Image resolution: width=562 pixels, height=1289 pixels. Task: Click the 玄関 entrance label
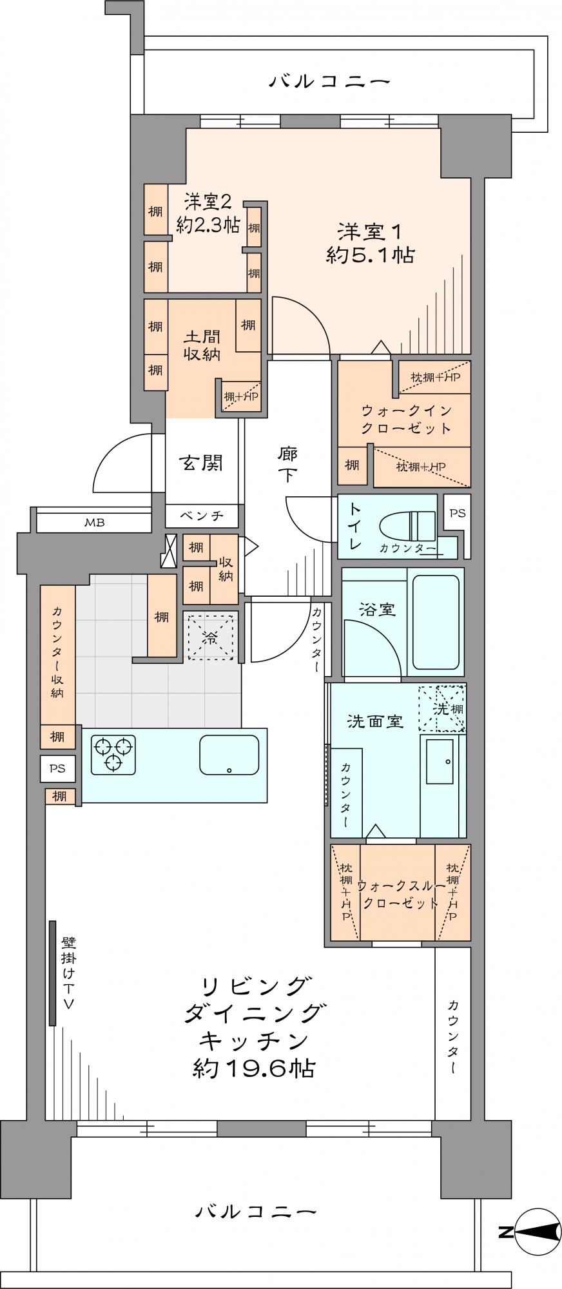201,462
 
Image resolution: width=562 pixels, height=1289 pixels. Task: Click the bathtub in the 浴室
436,622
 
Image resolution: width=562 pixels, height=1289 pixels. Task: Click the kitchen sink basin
229,755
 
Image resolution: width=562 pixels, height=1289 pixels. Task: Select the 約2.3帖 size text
208,225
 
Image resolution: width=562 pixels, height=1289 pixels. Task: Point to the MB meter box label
94,522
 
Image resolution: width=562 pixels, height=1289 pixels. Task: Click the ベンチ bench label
202,515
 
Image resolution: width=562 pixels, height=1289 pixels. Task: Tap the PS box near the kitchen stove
58,768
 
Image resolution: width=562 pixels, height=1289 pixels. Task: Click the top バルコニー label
330,82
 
